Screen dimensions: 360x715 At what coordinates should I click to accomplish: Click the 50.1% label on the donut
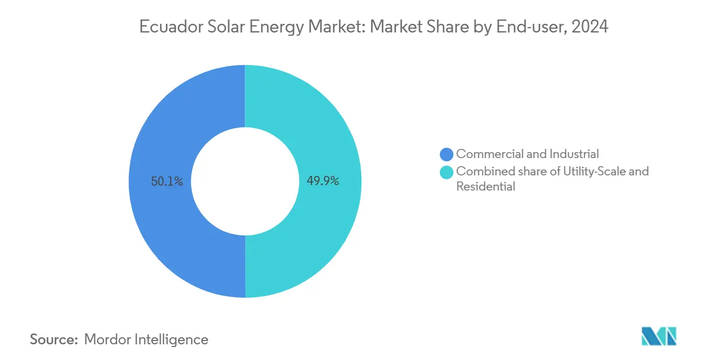pyautogui.click(x=167, y=181)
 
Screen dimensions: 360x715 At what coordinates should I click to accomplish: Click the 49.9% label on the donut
pyautogui.click(x=323, y=181)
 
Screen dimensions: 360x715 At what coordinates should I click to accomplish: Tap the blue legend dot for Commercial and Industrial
pyautogui.click(x=446, y=155)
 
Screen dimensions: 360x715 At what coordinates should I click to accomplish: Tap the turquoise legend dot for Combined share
pyautogui.click(x=446, y=172)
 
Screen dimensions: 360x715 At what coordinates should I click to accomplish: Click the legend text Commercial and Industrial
pyautogui.click(x=527, y=154)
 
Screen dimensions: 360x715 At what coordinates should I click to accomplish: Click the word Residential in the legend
pyautogui.click(x=485, y=187)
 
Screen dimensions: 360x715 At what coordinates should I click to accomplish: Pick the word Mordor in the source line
pyautogui.click(x=107, y=339)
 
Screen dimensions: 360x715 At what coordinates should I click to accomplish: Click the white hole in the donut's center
pyautogui.click(x=245, y=181)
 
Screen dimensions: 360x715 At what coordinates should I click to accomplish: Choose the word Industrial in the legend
pyautogui.click(x=574, y=154)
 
